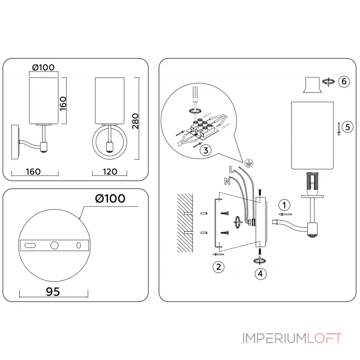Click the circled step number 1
point(283,205)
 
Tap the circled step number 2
point(218,266)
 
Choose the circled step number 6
point(343,81)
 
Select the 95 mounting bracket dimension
point(53,291)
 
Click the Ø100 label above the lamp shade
point(44,67)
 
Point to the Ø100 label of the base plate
point(110,198)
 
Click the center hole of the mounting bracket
point(54,245)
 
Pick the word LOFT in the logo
point(324,338)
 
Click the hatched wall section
point(185,222)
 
